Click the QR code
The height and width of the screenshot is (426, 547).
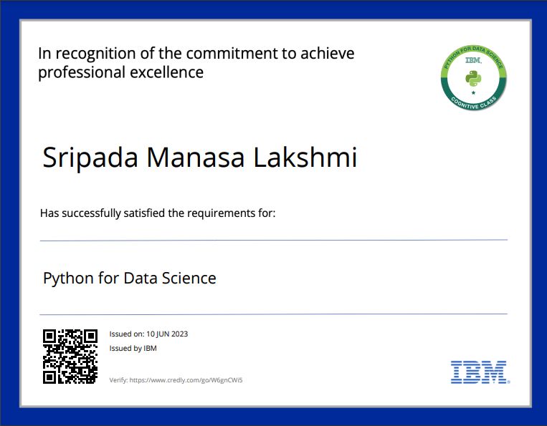click(x=70, y=357)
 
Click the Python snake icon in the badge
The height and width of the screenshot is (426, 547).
click(x=473, y=79)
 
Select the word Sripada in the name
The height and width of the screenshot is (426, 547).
click(x=90, y=158)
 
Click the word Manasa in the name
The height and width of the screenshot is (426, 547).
click(x=195, y=158)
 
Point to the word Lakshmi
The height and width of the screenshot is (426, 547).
click(x=305, y=157)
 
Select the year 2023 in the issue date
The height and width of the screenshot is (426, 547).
click(x=180, y=334)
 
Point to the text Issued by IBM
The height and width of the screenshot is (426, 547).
click(x=133, y=349)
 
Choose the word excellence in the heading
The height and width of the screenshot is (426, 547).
click(x=167, y=72)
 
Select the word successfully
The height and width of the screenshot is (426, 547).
click(x=91, y=213)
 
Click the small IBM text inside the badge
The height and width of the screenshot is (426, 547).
click(x=473, y=60)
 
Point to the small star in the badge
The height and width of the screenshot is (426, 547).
click(x=473, y=92)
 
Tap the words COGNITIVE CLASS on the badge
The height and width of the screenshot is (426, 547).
click(x=473, y=103)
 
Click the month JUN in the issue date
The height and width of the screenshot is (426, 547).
click(x=163, y=334)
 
